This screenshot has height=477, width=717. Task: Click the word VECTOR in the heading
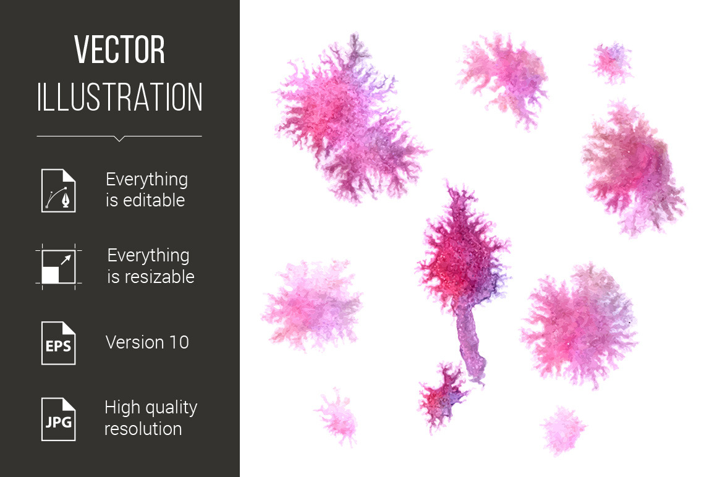119,49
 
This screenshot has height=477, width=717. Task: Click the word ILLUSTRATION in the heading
119,97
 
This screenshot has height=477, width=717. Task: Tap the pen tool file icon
59,190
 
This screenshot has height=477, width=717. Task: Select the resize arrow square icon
59,267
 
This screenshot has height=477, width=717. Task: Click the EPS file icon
59,343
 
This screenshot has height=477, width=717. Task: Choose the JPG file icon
59,420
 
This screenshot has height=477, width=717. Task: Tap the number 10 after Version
179,342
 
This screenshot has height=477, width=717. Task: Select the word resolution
143,429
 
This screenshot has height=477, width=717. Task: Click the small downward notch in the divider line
119,139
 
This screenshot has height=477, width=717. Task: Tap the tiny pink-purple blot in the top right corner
611,62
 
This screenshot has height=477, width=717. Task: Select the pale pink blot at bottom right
563,429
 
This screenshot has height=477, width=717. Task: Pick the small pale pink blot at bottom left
337,416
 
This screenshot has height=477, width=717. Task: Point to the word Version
135,342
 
